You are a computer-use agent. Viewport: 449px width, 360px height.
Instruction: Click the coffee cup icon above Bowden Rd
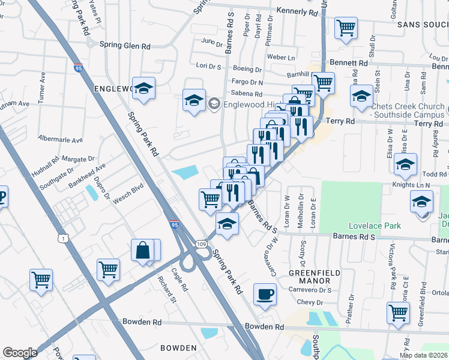click(x=265, y=294)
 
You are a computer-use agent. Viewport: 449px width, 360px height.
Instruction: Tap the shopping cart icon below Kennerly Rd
click(x=346, y=28)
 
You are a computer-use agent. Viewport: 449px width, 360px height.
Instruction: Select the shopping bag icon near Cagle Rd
click(x=143, y=250)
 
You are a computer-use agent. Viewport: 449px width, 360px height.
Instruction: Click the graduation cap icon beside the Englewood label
click(x=143, y=88)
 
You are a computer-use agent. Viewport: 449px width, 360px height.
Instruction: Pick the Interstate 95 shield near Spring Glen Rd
click(x=78, y=67)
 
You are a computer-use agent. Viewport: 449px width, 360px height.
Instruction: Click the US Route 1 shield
click(x=62, y=238)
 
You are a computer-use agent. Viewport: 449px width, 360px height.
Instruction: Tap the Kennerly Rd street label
click(x=298, y=11)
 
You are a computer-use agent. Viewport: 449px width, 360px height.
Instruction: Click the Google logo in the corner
click(x=20, y=353)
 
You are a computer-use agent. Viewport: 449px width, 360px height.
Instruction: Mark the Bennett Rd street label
click(x=349, y=62)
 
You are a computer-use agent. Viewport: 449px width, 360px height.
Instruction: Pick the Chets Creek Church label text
click(x=408, y=107)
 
